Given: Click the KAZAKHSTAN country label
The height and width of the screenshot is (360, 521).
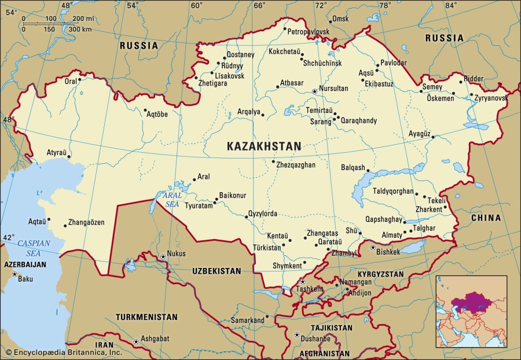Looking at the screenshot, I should [x=263, y=146].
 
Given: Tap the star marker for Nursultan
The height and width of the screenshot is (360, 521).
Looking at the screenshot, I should [x=315, y=91].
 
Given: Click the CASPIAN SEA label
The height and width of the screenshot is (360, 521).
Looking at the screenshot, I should [x=34, y=247].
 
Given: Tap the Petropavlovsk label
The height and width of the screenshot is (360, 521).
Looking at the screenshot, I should [x=308, y=31].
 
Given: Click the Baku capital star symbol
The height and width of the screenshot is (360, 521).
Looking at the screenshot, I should [x=14, y=274].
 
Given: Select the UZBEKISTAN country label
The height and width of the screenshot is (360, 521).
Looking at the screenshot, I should [x=217, y=271].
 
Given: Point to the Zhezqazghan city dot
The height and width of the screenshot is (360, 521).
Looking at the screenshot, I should [x=273, y=161].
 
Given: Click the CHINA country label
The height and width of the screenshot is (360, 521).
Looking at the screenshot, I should [x=485, y=218].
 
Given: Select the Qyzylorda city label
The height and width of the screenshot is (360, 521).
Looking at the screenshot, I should [x=263, y=214].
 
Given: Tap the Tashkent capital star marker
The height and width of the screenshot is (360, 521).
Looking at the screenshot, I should [x=302, y=281].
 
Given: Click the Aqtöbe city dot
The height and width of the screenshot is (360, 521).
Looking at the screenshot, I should [x=145, y=110].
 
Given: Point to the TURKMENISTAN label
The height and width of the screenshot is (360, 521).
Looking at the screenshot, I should [x=146, y=317].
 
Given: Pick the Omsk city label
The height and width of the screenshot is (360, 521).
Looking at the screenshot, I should [x=340, y=19].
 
